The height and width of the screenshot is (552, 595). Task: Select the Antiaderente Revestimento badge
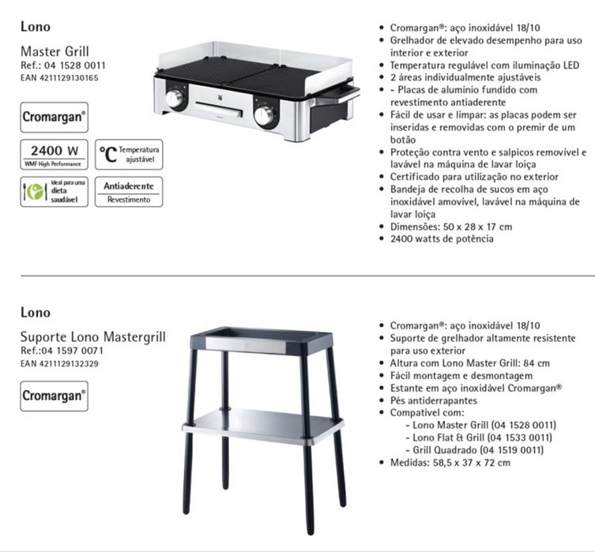129,191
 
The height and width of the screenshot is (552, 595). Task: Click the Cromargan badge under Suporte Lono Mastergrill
54,395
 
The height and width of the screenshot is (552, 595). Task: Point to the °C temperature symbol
107,153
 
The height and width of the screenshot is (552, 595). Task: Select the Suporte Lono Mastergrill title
93,337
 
